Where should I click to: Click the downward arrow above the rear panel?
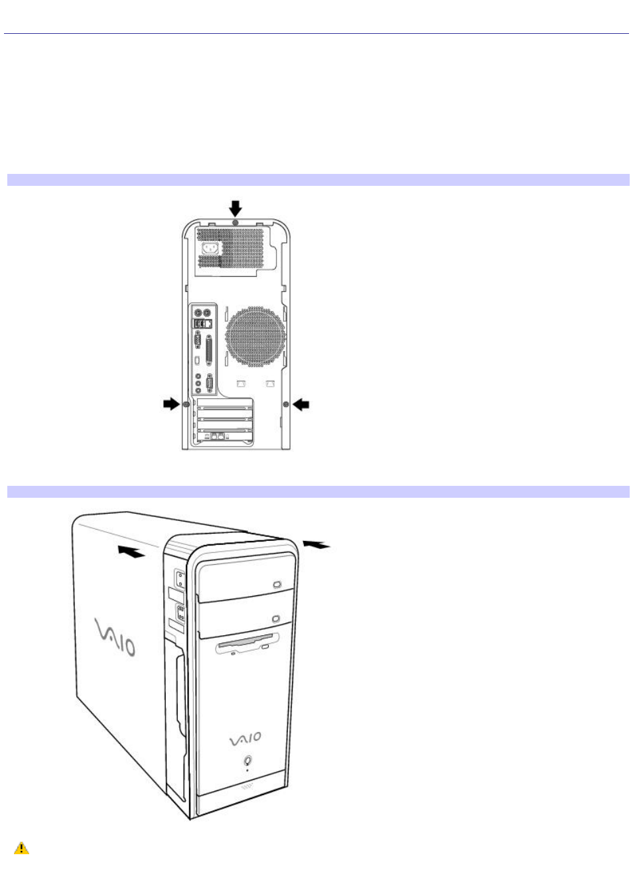click(x=235, y=208)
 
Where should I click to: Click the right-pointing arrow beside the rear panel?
click(x=172, y=404)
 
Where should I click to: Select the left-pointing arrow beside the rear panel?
click(x=301, y=405)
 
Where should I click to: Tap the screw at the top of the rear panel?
click(x=235, y=222)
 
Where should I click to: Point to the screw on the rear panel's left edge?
click(x=186, y=404)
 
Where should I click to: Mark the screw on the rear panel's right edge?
click(x=286, y=404)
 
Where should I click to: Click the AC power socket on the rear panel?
click(x=210, y=248)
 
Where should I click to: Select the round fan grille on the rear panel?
click(x=255, y=336)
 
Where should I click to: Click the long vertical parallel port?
click(x=208, y=351)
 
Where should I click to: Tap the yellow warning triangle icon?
click(x=21, y=848)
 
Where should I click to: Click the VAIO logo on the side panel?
click(x=115, y=637)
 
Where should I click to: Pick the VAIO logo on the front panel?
click(x=245, y=739)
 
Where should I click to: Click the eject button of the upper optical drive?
click(x=277, y=585)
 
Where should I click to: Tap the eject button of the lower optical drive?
click(x=276, y=619)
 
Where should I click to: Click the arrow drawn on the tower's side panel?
click(x=131, y=551)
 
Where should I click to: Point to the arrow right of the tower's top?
click(x=316, y=544)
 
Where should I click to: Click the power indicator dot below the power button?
click(x=247, y=770)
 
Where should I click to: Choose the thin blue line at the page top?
click(x=316, y=34)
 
